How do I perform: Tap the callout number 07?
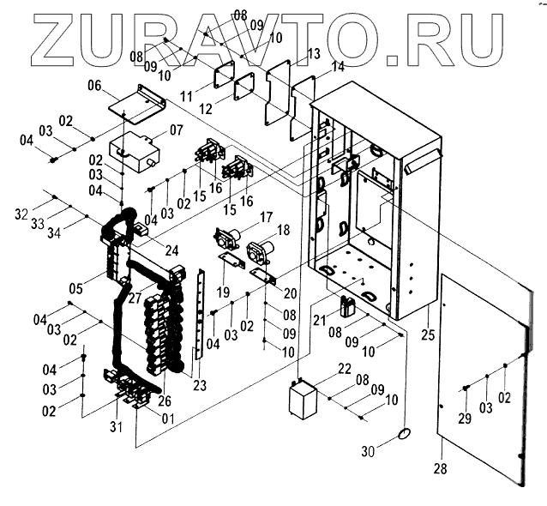tap(177, 130)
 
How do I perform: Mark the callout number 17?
tap(267, 217)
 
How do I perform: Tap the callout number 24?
tap(171, 251)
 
